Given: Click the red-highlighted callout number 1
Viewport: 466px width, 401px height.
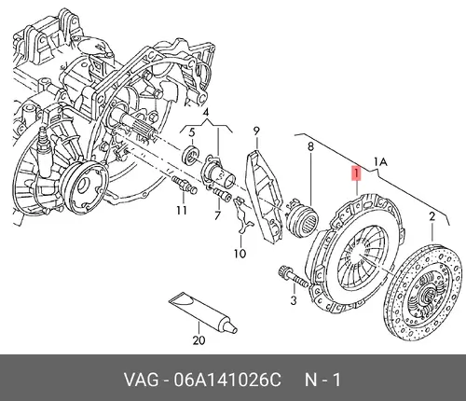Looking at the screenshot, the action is [356, 173].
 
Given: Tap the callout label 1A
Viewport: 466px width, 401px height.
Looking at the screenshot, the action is [380, 161].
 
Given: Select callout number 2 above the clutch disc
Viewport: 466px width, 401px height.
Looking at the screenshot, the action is [432, 216].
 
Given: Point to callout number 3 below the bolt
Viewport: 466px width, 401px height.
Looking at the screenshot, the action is [206, 113].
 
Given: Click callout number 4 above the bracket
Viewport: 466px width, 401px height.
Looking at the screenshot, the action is [192, 132].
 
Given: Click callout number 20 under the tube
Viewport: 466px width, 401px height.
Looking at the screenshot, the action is [199, 339].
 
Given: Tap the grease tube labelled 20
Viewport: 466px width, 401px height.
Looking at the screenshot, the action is [203, 313].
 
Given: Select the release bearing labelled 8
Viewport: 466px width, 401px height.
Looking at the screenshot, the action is [302, 218].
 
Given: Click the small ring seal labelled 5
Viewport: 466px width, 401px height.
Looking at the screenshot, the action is [189, 154].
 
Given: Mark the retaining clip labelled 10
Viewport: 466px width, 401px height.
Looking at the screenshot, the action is [243, 214].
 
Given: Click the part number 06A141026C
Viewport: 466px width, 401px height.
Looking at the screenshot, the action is [227, 380].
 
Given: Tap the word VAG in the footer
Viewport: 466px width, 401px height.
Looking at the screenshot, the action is [142, 380].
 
